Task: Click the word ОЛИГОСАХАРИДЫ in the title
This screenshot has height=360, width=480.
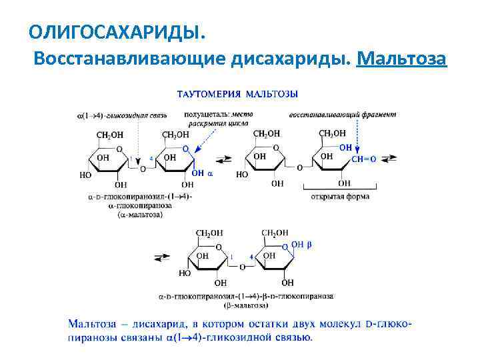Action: click(x=113, y=31)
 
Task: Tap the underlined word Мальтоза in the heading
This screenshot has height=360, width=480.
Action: click(x=401, y=59)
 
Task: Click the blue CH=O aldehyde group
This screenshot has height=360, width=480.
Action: click(x=364, y=159)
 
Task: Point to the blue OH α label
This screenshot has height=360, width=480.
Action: click(x=201, y=173)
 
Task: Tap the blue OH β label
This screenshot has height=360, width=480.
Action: click(x=301, y=245)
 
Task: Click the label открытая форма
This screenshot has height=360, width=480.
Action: click(x=339, y=197)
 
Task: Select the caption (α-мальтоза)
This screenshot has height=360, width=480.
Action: click(x=139, y=215)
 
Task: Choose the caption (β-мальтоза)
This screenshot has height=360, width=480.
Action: click(x=246, y=305)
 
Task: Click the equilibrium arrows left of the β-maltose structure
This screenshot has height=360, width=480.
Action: click(x=161, y=257)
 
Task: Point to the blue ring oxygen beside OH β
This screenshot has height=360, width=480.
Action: click(x=285, y=247)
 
